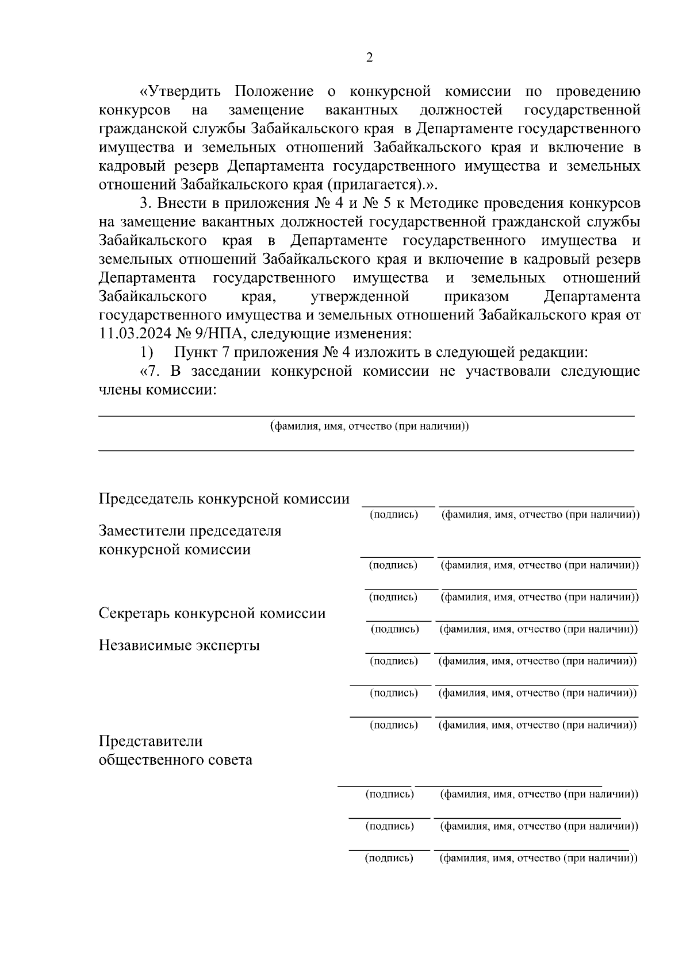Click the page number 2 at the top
pyautogui.click(x=369, y=57)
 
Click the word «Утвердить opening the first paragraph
pyautogui.click(x=179, y=92)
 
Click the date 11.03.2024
pyautogui.click(x=133, y=334)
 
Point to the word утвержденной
pyautogui.click(x=360, y=296)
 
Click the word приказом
pyautogui.click(x=476, y=296)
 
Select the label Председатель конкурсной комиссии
pyautogui.click(x=224, y=499)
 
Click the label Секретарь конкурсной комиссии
pyautogui.click(x=212, y=614)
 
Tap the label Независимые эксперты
pyautogui.click(x=179, y=645)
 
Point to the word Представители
pyautogui.click(x=151, y=741)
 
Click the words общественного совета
pyautogui.click(x=175, y=760)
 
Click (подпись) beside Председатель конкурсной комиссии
pyautogui.click(x=394, y=515)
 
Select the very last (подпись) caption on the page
pyautogui.click(x=389, y=858)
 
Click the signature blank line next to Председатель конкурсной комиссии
pyautogui.click(x=398, y=506)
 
